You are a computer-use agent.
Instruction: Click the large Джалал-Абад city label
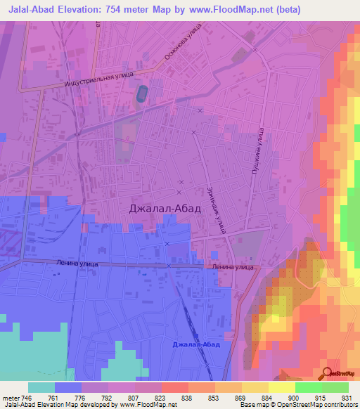tap(165, 209)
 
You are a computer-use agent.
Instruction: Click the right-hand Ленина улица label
tap(232, 267)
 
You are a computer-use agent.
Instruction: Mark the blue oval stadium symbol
tap(143, 92)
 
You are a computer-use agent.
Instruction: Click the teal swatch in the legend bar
tap(41, 387)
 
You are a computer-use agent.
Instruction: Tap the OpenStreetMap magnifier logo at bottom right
tap(326, 375)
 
